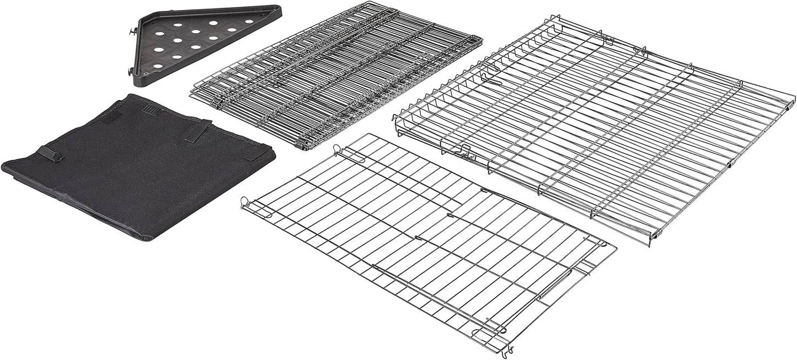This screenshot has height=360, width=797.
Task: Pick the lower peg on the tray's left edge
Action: click(130, 71)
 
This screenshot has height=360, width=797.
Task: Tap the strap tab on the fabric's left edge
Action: click(50, 154)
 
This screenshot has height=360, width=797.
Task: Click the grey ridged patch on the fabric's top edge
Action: click(151, 110)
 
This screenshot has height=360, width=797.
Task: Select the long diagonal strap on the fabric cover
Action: click(198, 132)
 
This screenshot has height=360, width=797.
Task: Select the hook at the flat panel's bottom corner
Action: click(506, 350)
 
